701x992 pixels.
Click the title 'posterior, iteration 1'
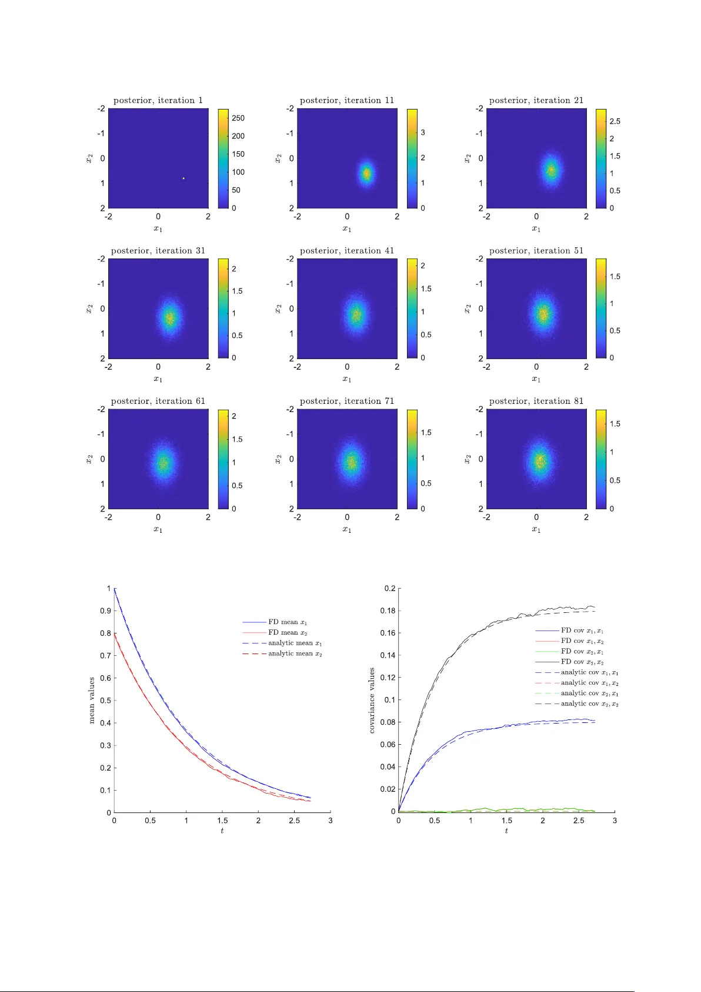[158, 101]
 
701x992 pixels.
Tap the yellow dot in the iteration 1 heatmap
[183, 178]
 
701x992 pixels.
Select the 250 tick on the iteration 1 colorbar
[238, 118]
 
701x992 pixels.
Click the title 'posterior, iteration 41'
[347, 251]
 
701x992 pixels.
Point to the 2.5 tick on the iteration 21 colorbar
[615, 121]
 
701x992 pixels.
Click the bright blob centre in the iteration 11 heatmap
[366, 174]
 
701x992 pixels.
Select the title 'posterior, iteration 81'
[536, 401]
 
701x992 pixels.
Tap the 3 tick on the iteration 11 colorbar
[422, 132]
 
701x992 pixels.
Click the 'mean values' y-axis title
[92, 700]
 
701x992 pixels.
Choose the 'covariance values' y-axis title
[372, 700]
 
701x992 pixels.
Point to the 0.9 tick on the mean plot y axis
[105, 611]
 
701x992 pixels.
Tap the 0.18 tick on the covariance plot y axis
[389, 611]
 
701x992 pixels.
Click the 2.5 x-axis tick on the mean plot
[294, 821]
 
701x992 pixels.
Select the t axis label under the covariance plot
[506, 831]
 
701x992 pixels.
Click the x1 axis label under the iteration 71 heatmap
[347, 530]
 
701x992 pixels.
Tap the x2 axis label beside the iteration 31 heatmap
[89, 308]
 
